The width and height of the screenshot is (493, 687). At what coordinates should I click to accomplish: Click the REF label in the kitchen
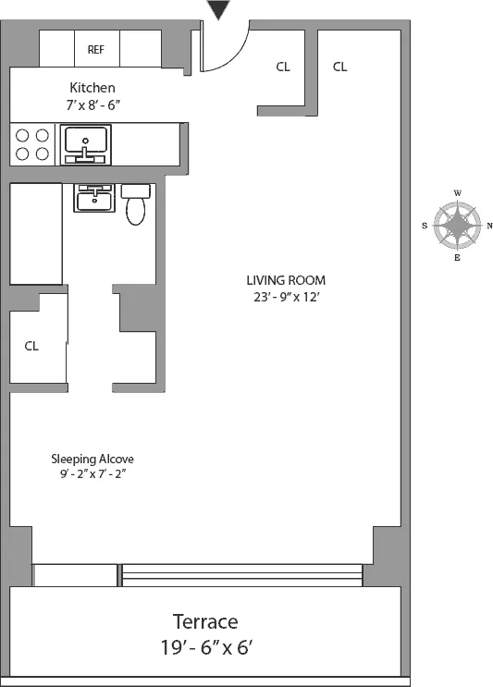[x=95, y=49]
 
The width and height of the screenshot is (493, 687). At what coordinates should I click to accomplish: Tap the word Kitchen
[x=92, y=88]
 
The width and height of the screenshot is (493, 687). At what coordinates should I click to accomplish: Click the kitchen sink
[x=86, y=145]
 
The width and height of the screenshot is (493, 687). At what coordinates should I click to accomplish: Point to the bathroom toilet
[x=136, y=205]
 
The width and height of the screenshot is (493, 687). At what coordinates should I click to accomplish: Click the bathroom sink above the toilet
[x=94, y=198]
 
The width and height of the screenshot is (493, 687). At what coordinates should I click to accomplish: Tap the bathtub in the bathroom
[x=36, y=233]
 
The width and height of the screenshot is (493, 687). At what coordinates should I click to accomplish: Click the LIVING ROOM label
[x=286, y=280]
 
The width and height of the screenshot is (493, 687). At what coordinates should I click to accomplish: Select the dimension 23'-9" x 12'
[x=286, y=297]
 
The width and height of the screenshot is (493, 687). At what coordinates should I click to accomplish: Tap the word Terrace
[x=205, y=621]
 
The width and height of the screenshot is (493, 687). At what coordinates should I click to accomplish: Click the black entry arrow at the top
[x=218, y=10]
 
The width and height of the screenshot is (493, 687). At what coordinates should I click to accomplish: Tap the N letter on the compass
[x=489, y=226]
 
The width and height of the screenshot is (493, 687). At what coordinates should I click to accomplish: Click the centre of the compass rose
[x=458, y=226]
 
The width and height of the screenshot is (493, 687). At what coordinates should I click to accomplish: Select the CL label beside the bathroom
[x=31, y=346]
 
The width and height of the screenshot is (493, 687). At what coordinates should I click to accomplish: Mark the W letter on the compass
[x=458, y=193]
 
